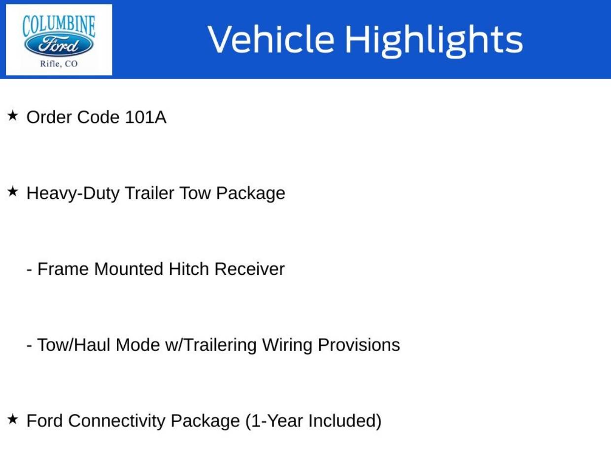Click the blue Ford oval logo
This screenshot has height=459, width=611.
59,45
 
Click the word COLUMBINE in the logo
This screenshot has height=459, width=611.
59,26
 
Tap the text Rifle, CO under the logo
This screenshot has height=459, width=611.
59,64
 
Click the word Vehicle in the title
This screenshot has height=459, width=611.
271,39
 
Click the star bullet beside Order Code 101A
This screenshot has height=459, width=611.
12,115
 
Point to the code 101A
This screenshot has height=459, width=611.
145,117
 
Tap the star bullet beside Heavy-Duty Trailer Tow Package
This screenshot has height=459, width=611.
12,191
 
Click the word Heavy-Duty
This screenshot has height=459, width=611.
72,193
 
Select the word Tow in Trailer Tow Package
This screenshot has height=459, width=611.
195,193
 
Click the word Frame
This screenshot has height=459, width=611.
63,269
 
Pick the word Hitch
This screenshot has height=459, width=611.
189,269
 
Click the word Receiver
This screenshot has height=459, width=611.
249,269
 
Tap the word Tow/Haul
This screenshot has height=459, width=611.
73,345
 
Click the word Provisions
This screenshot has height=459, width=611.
359,345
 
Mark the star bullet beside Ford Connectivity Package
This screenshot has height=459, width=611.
12,419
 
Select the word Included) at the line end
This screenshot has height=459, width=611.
344,421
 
